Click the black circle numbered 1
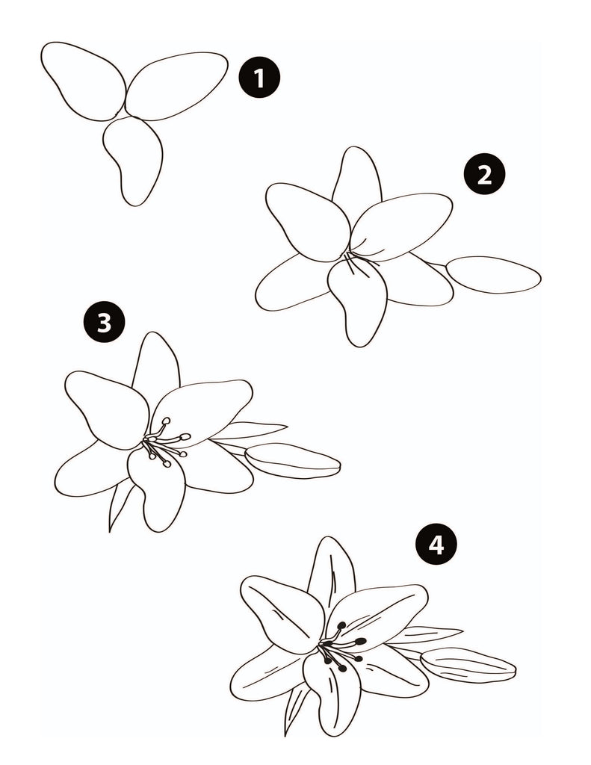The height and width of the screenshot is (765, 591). click(x=259, y=78)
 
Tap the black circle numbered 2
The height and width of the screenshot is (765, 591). click(x=484, y=175)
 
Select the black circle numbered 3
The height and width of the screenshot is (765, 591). click(x=104, y=323)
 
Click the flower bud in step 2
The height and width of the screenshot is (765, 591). click(x=492, y=274)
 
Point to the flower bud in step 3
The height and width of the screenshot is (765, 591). click(x=293, y=459)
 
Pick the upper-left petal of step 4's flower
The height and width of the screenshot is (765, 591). click(x=281, y=613)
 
